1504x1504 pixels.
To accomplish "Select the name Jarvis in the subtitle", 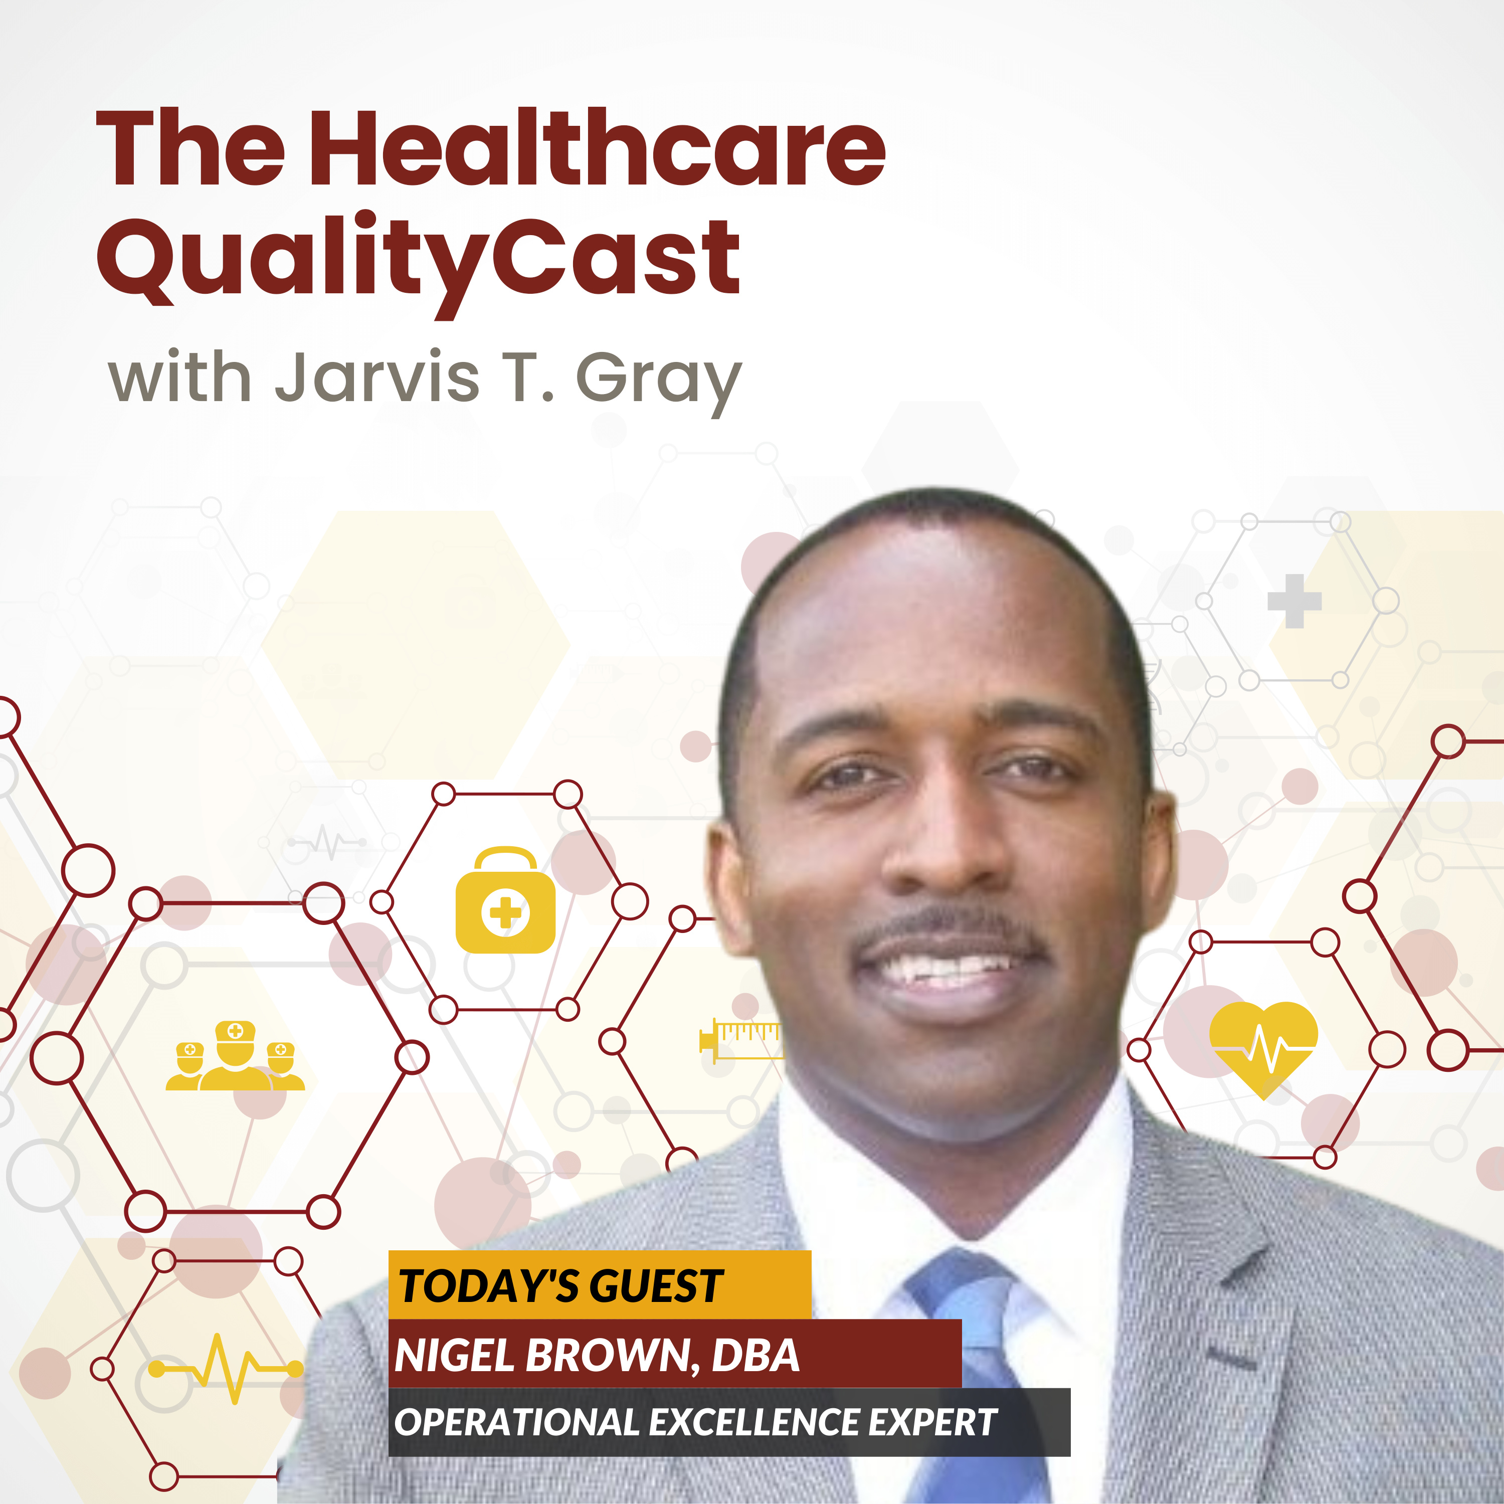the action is (x=377, y=378).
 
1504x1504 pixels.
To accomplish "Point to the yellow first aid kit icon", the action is (x=505, y=900).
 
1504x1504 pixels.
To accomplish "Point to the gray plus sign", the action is (x=1294, y=601).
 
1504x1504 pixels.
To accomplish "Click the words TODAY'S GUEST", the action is (x=560, y=1285).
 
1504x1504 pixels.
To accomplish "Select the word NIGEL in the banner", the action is (x=455, y=1355).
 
